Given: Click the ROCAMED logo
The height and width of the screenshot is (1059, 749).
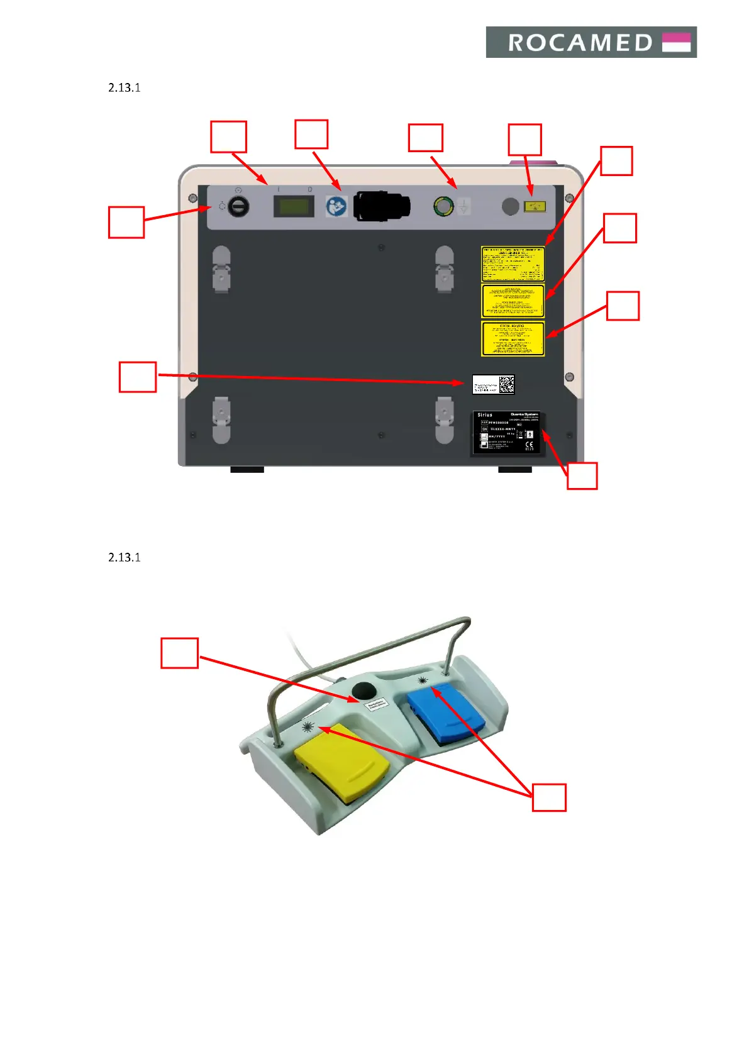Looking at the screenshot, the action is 591,42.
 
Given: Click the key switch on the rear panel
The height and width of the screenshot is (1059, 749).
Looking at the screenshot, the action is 238,206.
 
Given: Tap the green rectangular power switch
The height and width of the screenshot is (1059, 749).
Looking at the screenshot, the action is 293,206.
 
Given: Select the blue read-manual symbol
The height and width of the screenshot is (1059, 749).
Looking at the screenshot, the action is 336,207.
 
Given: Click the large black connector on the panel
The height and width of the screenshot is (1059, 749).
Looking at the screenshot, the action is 382,206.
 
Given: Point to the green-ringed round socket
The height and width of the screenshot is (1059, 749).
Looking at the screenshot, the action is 443,206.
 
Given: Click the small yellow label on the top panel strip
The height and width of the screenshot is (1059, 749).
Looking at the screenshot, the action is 535,206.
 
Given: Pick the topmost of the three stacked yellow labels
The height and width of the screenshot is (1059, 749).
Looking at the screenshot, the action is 513,264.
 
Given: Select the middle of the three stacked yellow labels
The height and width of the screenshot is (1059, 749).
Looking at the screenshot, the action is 513,301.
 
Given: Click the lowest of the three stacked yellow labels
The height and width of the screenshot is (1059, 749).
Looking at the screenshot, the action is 513,339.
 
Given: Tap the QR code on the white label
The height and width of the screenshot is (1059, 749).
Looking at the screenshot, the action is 506,384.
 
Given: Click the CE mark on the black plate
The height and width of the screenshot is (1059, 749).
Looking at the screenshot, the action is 529,446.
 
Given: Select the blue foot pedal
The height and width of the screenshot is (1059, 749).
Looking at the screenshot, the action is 446,711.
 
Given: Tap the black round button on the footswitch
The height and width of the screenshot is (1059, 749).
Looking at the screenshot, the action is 363,692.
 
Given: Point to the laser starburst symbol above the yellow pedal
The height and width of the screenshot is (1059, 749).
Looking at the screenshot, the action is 308,728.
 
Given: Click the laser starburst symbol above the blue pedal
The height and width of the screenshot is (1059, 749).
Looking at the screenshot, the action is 423,680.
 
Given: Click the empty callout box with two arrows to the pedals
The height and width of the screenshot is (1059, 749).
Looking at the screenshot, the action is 549,797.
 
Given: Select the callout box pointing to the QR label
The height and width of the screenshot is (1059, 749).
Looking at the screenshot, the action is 138,377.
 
